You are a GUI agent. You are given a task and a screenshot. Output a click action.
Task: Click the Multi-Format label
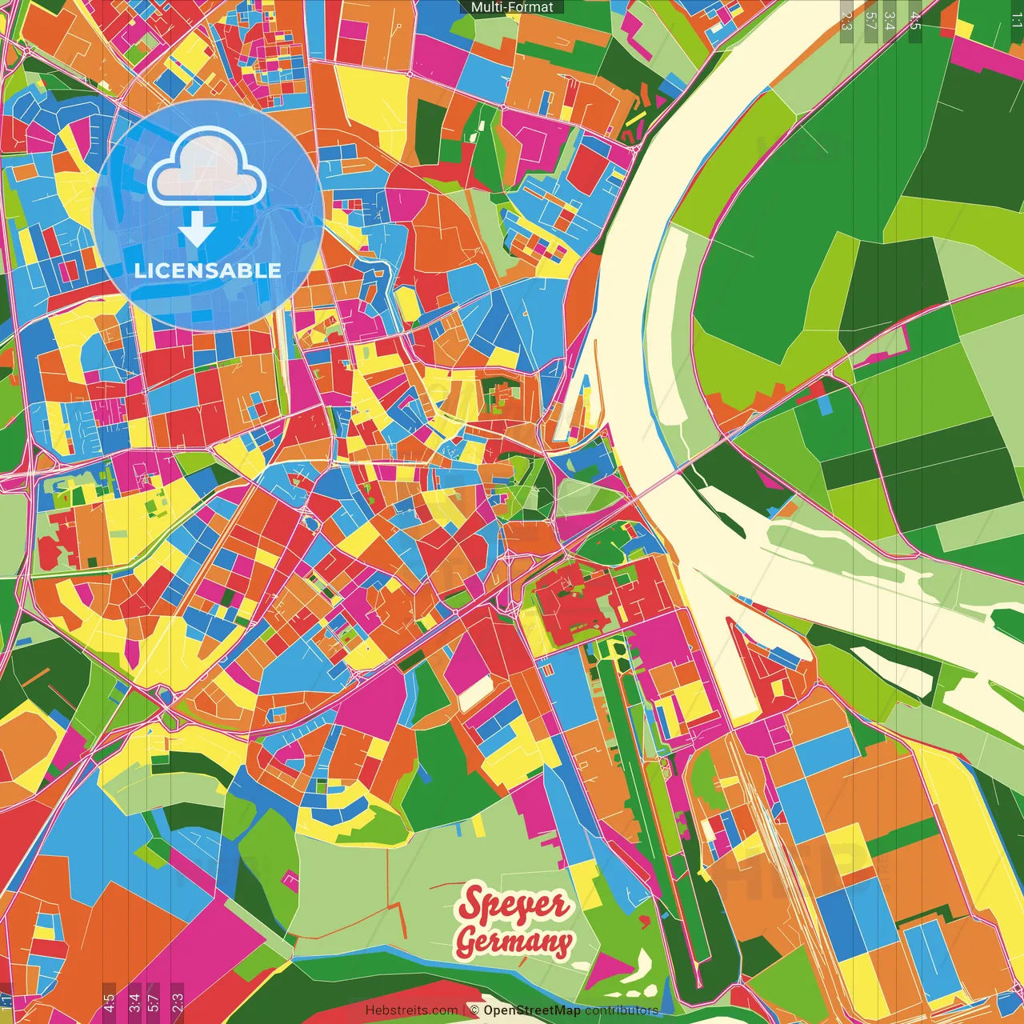tap(512, 7)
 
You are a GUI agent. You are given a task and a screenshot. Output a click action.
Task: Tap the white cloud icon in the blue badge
tap(207, 169)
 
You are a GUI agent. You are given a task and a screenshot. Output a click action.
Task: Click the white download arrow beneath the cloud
tap(197, 229)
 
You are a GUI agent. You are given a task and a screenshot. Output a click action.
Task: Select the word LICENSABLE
tap(208, 270)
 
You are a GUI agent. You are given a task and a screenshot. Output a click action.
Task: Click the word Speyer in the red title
tap(513, 905)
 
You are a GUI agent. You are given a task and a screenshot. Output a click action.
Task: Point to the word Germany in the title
tap(514, 941)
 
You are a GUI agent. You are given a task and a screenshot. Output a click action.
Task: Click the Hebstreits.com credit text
tap(411, 1010)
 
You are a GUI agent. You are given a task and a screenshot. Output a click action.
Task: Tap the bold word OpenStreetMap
tap(532, 1010)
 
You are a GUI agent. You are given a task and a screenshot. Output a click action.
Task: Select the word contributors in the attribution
tap(622, 1010)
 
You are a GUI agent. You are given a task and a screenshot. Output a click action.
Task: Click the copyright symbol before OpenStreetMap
tap(474, 1010)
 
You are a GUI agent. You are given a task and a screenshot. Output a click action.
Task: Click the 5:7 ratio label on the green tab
tap(870, 21)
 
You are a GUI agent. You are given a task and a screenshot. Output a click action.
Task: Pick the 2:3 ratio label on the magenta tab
tap(178, 1002)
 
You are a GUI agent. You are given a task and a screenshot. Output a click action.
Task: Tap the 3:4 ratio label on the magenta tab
tap(134, 1002)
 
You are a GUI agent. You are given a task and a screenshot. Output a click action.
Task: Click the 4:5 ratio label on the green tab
tap(914, 21)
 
